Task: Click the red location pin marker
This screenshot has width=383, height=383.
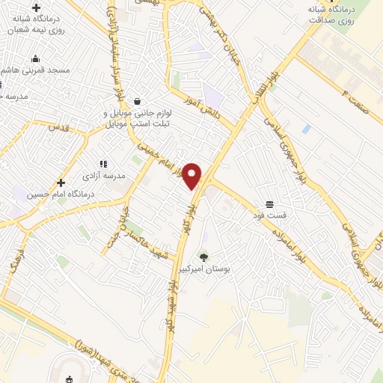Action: tap(193, 175)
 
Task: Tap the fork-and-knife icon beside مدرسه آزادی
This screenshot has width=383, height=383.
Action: tap(103, 163)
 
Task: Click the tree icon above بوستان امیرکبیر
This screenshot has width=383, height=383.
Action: tap(203, 257)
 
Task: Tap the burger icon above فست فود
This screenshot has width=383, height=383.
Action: tap(269, 204)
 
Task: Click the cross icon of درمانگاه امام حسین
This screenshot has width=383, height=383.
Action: tap(61, 182)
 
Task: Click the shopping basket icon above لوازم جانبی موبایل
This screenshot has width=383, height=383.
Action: tap(137, 101)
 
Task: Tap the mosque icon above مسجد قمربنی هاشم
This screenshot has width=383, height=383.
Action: tap(34, 59)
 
